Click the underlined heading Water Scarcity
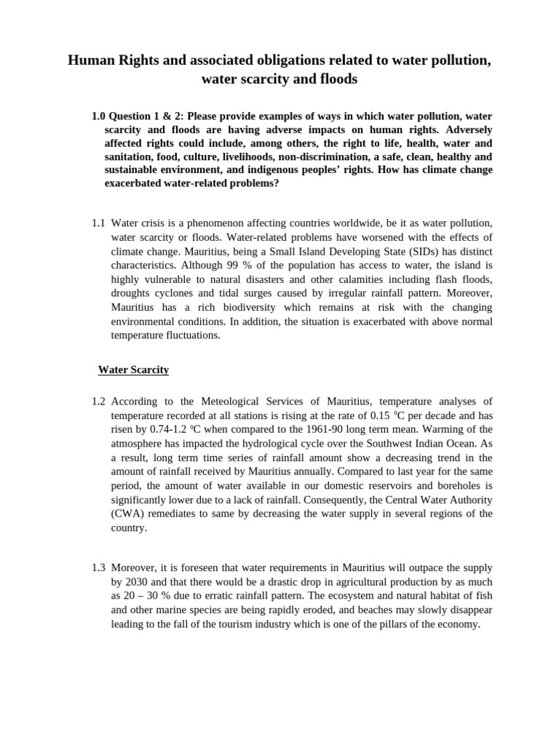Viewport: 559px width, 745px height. coord(133,370)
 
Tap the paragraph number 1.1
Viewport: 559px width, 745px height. coord(99,223)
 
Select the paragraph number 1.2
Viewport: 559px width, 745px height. coord(99,401)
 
